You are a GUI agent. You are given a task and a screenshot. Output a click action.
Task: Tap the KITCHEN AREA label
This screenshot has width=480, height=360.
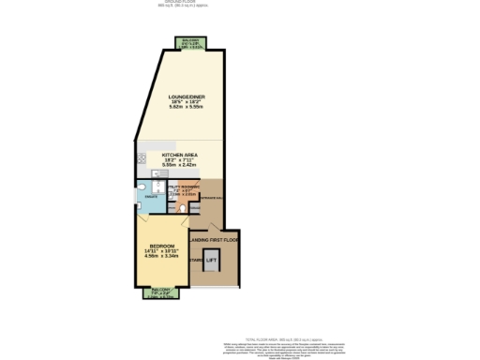point(178,154)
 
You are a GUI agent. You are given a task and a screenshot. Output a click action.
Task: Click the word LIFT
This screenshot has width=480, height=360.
point(211,261)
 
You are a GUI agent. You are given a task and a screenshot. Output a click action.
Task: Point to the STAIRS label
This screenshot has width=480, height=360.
point(196,261)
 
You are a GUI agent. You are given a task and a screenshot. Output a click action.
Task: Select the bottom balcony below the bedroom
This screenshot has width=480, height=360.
point(157,292)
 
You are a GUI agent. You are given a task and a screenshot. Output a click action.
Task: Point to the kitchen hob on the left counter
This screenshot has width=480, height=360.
point(141,158)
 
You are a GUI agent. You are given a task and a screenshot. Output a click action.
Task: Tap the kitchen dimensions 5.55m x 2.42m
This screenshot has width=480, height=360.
point(178,165)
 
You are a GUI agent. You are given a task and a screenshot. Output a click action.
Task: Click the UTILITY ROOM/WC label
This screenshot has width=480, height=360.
point(184,188)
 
